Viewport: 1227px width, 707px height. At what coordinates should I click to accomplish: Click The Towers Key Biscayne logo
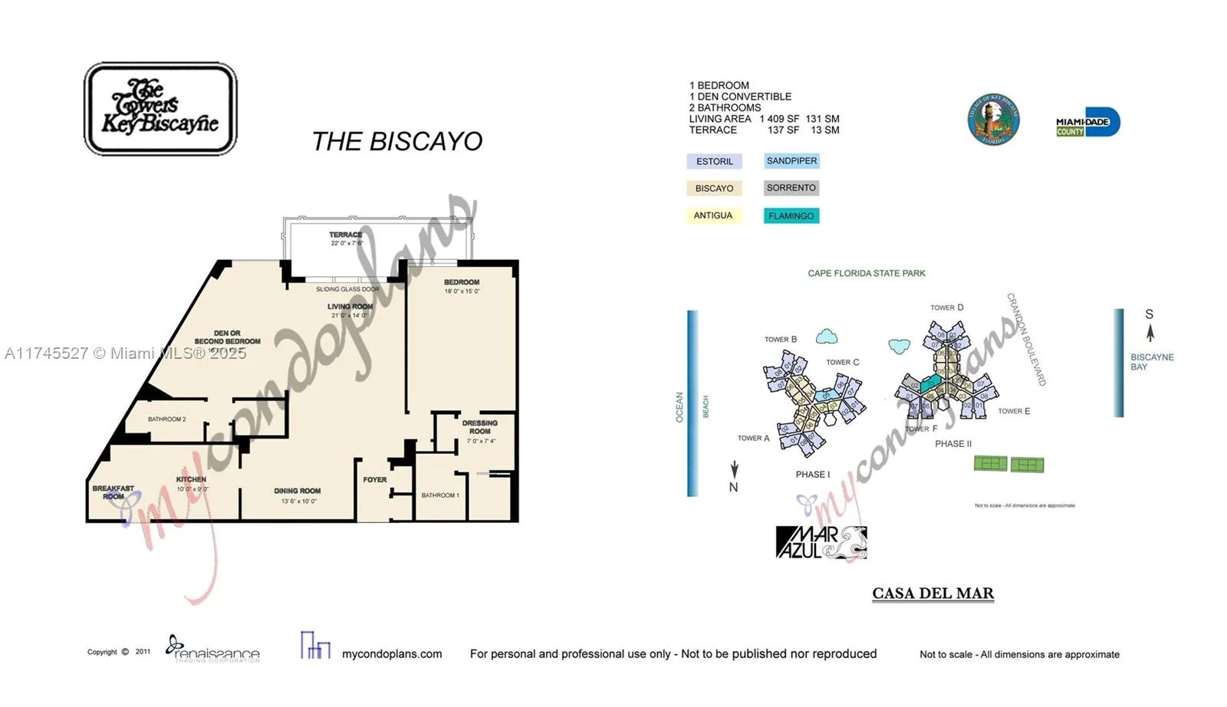160,109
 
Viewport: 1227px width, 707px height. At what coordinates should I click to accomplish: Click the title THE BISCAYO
397,141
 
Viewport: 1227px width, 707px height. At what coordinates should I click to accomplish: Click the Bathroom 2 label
167,419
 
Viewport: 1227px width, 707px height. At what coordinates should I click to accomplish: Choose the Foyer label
375,480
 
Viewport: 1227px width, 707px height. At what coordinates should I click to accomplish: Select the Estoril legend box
715,161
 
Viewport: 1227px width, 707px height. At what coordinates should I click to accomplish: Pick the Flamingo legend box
791,216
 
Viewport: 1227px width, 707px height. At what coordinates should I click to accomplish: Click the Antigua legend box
713,215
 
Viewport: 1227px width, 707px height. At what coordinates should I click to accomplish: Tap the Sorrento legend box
791,188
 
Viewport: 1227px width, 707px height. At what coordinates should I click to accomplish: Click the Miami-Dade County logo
1087,123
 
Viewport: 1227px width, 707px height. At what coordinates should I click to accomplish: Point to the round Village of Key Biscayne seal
993,120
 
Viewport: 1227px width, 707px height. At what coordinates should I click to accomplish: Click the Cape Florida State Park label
867,273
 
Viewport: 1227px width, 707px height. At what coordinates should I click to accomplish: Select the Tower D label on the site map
947,307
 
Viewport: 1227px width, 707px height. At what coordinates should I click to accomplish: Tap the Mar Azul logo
821,542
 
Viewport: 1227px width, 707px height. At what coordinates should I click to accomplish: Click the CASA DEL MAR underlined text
933,594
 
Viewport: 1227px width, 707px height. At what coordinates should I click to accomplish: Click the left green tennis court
990,463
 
